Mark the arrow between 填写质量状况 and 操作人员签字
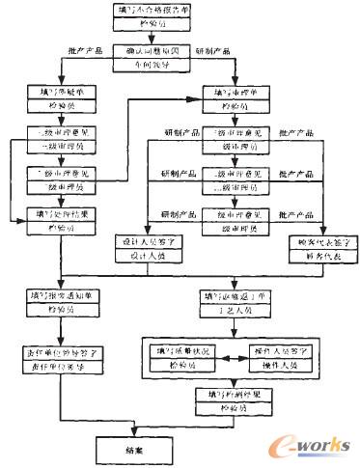[234, 353]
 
